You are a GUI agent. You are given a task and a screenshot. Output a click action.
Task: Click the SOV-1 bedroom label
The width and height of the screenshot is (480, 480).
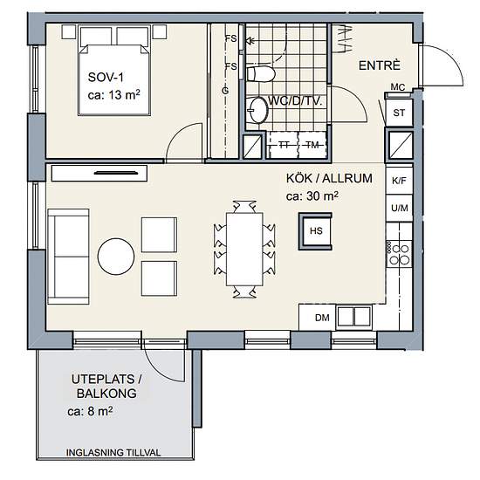coord(106,77)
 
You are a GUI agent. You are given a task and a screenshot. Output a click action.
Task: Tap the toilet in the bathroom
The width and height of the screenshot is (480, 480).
coord(261,74)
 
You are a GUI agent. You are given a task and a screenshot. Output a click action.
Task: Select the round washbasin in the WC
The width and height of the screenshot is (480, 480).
coord(257,110)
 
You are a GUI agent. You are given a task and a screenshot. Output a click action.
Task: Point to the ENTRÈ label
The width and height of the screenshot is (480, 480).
coord(380,65)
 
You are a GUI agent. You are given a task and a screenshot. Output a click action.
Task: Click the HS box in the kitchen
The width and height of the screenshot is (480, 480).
coord(315,231)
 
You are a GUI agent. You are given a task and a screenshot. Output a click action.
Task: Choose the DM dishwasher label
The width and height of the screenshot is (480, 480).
coord(322,318)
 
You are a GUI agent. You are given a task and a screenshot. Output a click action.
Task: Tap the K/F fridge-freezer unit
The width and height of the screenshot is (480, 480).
coord(399,181)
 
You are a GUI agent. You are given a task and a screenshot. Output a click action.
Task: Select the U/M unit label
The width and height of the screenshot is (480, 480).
coord(400,209)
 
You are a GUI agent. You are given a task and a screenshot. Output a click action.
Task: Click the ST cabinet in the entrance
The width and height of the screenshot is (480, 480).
coord(399,113)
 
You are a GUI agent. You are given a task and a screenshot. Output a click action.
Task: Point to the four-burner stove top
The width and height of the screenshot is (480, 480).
coord(399,254)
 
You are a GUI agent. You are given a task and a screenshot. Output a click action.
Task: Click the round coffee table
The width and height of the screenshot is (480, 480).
coord(116,257)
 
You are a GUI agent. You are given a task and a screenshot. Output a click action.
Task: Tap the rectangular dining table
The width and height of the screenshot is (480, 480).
coord(244,250)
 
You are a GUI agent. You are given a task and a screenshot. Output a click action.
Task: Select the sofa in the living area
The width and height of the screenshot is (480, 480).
coord(68,257)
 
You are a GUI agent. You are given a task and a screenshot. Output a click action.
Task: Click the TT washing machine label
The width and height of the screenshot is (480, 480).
coord(284,145)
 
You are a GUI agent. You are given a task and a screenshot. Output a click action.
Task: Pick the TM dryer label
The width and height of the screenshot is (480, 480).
coord(312,145)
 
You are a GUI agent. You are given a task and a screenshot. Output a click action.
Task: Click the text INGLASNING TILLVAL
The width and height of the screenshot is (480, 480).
coord(113,452)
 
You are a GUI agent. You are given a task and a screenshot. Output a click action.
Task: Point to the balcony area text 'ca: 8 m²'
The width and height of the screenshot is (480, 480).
coord(90,411)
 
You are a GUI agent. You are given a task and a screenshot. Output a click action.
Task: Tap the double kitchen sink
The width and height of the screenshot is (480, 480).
coord(353,317)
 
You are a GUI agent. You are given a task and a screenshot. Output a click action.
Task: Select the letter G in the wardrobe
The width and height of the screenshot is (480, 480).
coord(225,91)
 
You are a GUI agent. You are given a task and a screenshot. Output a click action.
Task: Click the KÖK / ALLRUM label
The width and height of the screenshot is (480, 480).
coord(329,178)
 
